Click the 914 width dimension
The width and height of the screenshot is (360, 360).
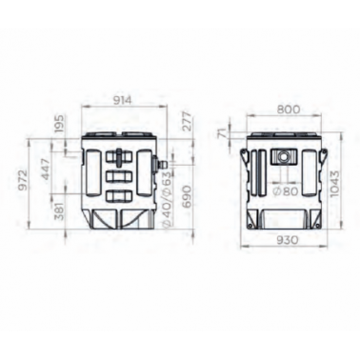tap(122, 100)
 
